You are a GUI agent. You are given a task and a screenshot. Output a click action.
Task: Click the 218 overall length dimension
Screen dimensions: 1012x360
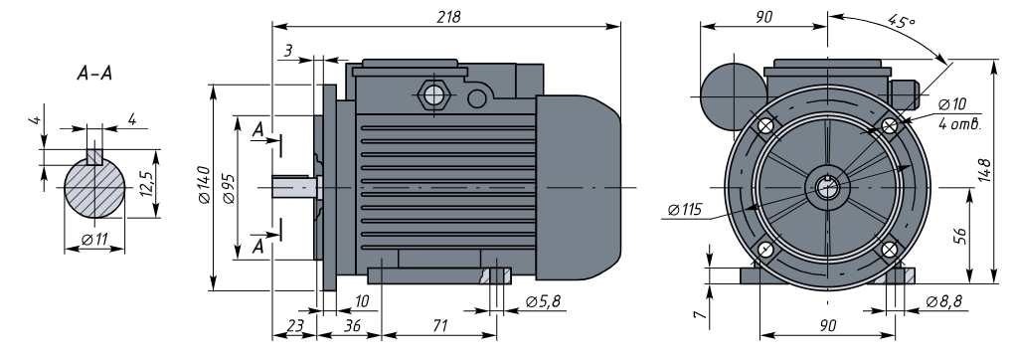448,17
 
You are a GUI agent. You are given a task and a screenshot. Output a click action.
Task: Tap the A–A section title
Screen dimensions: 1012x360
94,74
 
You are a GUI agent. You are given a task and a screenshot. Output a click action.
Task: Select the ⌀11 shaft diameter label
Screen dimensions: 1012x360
94,240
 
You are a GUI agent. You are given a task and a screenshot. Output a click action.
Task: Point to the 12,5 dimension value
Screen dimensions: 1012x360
146,185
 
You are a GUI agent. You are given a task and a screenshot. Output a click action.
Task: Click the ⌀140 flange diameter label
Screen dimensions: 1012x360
204,185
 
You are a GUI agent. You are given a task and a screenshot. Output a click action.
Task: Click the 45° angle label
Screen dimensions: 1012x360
902,21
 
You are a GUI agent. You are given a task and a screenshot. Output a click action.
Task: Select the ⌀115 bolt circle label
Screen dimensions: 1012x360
685,210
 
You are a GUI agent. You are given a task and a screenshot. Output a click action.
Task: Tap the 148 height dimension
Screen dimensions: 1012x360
984,171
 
